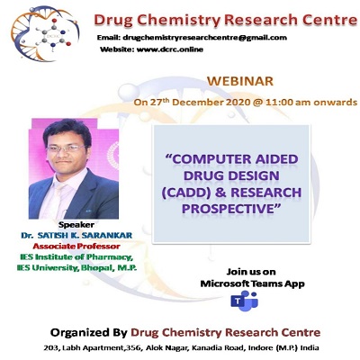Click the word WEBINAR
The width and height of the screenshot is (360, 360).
[x=240, y=82]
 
